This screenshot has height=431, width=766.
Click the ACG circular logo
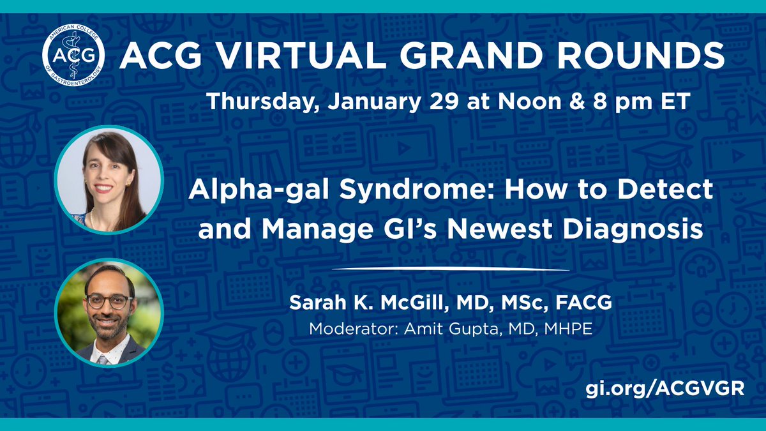(x=73, y=55)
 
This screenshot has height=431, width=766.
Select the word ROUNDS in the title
(x=640, y=56)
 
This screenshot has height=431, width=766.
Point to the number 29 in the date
(x=444, y=102)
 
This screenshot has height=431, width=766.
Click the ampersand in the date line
(x=576, y=102)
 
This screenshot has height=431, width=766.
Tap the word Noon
(x=529, y=102)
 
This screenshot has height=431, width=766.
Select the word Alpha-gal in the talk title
(x=259, y=190)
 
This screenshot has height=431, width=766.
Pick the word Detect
(x=665, y=189)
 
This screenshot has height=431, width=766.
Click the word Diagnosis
(x=633, y=230)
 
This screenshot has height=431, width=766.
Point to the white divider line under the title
(x=451, y=269)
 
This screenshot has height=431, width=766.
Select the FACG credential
(x=584, y=303)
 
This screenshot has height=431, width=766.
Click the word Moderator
(x=354, y=329)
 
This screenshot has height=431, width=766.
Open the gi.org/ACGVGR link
(x=665, y=389)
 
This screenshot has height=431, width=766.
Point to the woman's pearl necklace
(x=93, y=219)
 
